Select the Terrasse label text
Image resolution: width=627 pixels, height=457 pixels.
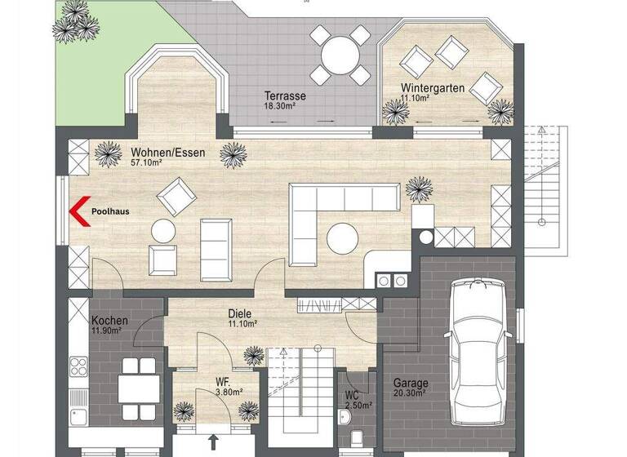278,95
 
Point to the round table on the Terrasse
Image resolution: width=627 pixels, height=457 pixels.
340,55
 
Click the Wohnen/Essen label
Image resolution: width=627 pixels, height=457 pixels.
167,152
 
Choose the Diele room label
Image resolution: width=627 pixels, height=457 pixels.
239,313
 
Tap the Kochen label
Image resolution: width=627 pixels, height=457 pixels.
109,320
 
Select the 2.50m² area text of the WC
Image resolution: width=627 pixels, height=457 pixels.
358,405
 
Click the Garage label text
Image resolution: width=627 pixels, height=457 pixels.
411,382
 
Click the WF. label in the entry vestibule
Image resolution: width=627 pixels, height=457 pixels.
222,380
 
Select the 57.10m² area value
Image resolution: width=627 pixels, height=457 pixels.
146,162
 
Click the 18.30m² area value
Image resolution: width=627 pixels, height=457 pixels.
278,106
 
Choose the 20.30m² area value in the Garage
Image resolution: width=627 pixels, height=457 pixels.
410,393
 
